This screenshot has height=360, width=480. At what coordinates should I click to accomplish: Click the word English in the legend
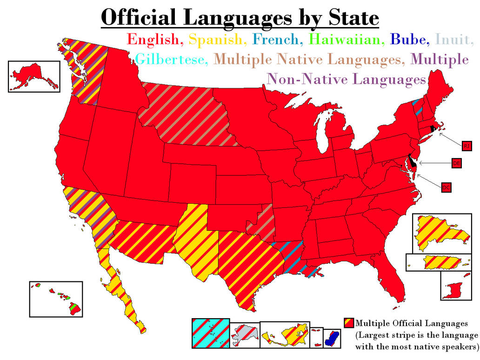click(153, 39)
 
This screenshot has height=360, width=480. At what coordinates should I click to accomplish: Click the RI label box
click(467, 146)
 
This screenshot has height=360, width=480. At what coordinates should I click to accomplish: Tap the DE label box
click(457, 163)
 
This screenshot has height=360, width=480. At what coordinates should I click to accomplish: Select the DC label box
click(446, 187)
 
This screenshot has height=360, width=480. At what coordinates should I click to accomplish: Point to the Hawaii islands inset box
click(56, 299)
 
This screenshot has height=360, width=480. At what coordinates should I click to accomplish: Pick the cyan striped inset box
click(210, 333)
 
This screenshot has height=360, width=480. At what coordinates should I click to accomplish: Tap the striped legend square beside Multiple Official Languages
click(349, 322)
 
